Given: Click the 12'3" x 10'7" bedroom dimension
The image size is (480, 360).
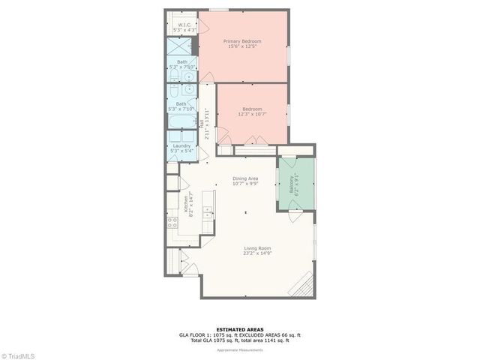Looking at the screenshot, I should coord(252,114).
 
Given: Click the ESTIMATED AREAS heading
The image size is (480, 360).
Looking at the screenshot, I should coord(239,328).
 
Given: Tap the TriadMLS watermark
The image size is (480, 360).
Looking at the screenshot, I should coord(19,354).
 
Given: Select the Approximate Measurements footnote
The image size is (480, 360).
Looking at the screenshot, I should coord(239,349).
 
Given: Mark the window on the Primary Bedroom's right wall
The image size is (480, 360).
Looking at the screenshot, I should coord(288,56).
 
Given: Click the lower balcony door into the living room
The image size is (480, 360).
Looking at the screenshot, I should coord(295,216).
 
